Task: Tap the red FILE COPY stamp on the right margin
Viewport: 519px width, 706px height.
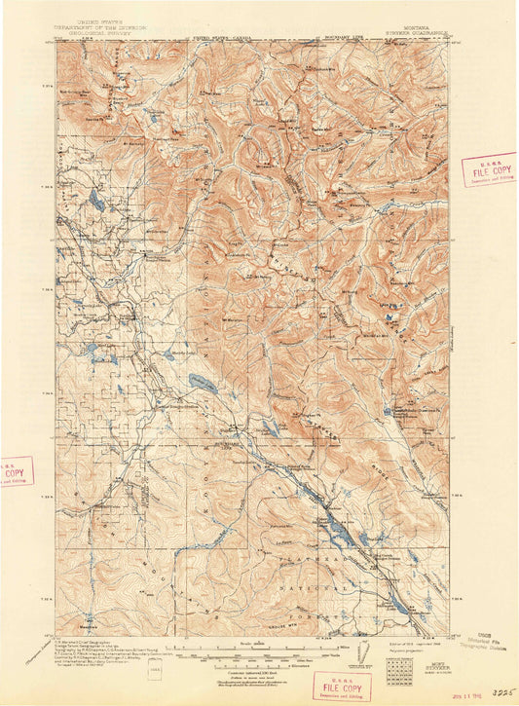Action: coord(488,169)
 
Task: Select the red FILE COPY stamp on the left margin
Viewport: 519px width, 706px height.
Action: coord(14,471)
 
